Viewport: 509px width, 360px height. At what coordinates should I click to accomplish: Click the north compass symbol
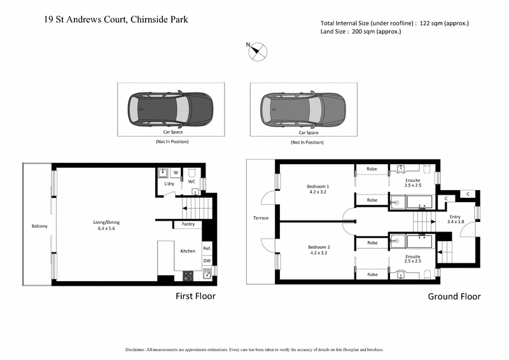coord(258,52)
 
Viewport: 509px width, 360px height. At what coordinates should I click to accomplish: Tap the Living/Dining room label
coord(106,225)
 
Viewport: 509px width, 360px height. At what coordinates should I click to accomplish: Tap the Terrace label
coord(260,218)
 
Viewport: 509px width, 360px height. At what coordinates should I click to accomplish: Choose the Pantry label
coord(188,225)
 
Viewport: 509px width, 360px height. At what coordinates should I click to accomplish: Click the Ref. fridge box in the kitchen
coord(207,249)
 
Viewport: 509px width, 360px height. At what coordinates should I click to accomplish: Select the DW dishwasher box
coord(207,261)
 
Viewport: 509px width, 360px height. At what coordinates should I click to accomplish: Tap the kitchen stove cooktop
coord(188,275)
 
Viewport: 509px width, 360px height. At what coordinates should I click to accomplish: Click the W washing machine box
coord(176,172)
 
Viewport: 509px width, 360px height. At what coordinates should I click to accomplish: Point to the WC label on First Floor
coord(192,181)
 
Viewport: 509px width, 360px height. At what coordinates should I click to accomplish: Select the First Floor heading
coord(195,296)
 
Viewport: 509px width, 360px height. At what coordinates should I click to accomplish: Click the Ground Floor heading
coord(454,296)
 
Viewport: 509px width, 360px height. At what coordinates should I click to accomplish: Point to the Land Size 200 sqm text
coord(361,32)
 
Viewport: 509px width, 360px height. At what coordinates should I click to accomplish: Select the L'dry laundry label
coord(169,184)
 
